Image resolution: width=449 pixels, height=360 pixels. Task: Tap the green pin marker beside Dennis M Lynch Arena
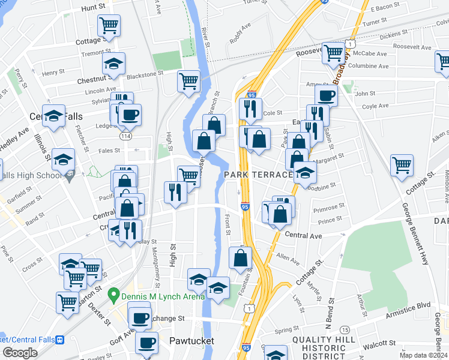coord(112,295)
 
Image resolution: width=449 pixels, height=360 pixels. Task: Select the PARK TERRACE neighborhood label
coord(258,175)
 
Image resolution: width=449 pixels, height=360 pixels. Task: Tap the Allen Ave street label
coord(288,259)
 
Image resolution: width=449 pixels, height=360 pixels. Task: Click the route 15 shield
coord(345,330)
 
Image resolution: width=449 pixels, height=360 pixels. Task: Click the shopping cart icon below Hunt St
coord(109,26)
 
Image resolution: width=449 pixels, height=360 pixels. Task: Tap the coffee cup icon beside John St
coord(326,96)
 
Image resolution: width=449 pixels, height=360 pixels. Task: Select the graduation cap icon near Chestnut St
coord(113,64)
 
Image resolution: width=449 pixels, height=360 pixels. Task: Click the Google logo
coord(20,353)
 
